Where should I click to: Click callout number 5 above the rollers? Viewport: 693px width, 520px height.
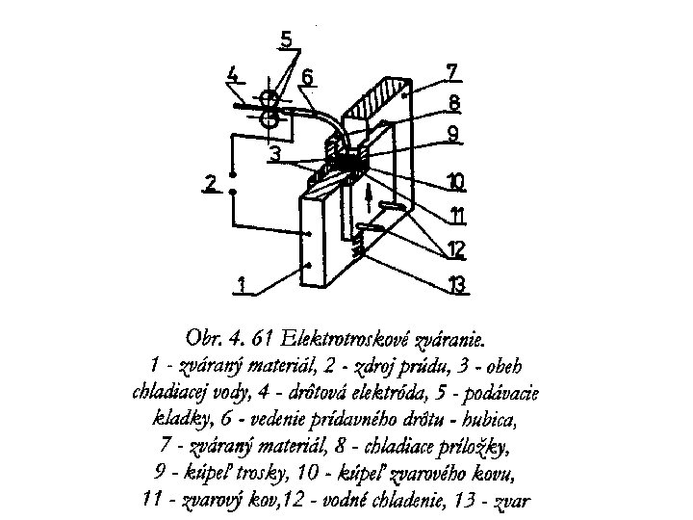287,40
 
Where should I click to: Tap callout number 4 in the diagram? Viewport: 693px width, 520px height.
233,74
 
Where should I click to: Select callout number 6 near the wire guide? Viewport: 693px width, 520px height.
307,76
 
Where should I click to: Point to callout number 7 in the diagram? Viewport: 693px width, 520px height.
453,71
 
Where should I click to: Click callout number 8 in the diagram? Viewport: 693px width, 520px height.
453,102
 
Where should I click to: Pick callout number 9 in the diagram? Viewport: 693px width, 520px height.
453,134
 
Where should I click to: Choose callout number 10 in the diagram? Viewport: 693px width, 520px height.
455,180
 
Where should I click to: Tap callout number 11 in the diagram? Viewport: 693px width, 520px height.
456,214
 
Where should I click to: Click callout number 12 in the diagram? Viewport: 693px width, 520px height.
455,249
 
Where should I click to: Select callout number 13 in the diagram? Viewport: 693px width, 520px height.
455,284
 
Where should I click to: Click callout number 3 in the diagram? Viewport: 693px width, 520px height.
275,153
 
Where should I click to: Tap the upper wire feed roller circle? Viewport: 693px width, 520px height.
271,100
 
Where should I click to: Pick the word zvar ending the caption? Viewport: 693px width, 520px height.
511,500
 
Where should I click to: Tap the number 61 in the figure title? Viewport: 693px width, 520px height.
257,339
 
